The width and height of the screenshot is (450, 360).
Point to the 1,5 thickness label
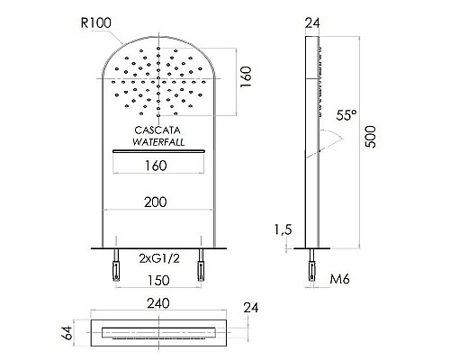(x=283, y=230)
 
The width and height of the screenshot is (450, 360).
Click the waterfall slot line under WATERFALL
(x=157, y=152)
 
